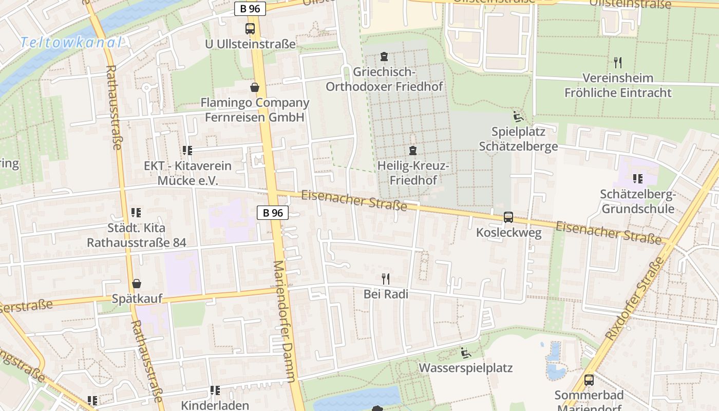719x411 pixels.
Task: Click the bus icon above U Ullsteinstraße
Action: [250, 29]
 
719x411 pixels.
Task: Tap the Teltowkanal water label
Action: [71, 43]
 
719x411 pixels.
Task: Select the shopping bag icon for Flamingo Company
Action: [255, 87]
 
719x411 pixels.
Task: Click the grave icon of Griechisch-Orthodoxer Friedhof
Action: [384, 56]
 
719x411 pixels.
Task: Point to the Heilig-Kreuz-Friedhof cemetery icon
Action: [412, 151]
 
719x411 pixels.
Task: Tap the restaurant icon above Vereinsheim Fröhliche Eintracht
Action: [618, 63]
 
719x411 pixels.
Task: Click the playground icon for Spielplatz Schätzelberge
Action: [518, 117]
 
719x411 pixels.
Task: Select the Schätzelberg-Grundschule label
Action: [637, 202]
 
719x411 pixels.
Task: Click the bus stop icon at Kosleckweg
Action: [508, 217]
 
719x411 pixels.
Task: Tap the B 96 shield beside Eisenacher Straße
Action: [273, 213]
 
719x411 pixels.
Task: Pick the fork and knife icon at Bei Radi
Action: [386, 279]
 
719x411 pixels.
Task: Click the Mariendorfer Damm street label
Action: [284, 321]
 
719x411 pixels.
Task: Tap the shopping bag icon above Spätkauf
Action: [137, 284]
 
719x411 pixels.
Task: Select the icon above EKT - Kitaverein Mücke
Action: [187, 151]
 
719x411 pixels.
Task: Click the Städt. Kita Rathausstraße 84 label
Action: [136, 235]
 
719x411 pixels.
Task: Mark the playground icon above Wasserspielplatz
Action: [466, 353]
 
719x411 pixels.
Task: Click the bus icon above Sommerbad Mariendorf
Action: [589, 380]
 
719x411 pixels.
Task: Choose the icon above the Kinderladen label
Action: [215, 390]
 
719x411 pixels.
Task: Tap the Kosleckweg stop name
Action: [508, 233]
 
